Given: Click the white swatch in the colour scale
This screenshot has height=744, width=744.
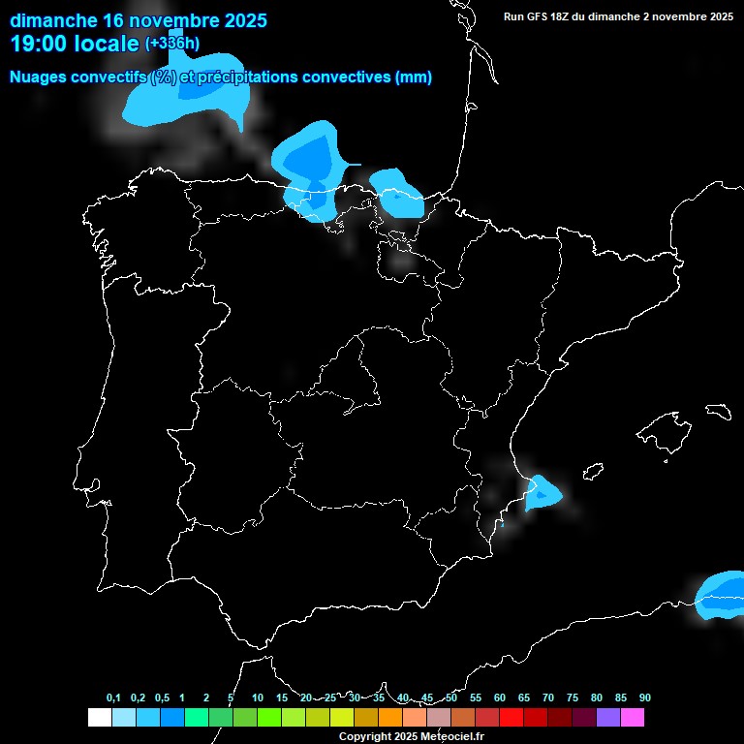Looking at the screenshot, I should coord(99,717).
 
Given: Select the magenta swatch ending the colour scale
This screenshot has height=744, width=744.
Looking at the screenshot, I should coord(633,717).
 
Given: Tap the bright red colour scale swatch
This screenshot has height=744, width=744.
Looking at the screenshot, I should coord(511,717).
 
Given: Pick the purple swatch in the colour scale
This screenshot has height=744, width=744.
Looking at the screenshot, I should coord(608,717).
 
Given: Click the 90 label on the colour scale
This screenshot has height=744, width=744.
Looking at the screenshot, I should coord(645,698).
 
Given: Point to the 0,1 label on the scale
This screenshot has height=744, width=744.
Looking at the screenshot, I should coord(113,698).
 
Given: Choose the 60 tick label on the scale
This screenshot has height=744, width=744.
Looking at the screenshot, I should coord(500,698).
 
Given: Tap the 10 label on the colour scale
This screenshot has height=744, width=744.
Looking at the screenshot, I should coord(258,698).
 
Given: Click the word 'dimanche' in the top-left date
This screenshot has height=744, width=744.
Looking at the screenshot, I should coord(53,19).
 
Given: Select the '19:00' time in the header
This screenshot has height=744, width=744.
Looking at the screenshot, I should coord(39,43).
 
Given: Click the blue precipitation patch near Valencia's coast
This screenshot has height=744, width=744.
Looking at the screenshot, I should coord(541,494).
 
